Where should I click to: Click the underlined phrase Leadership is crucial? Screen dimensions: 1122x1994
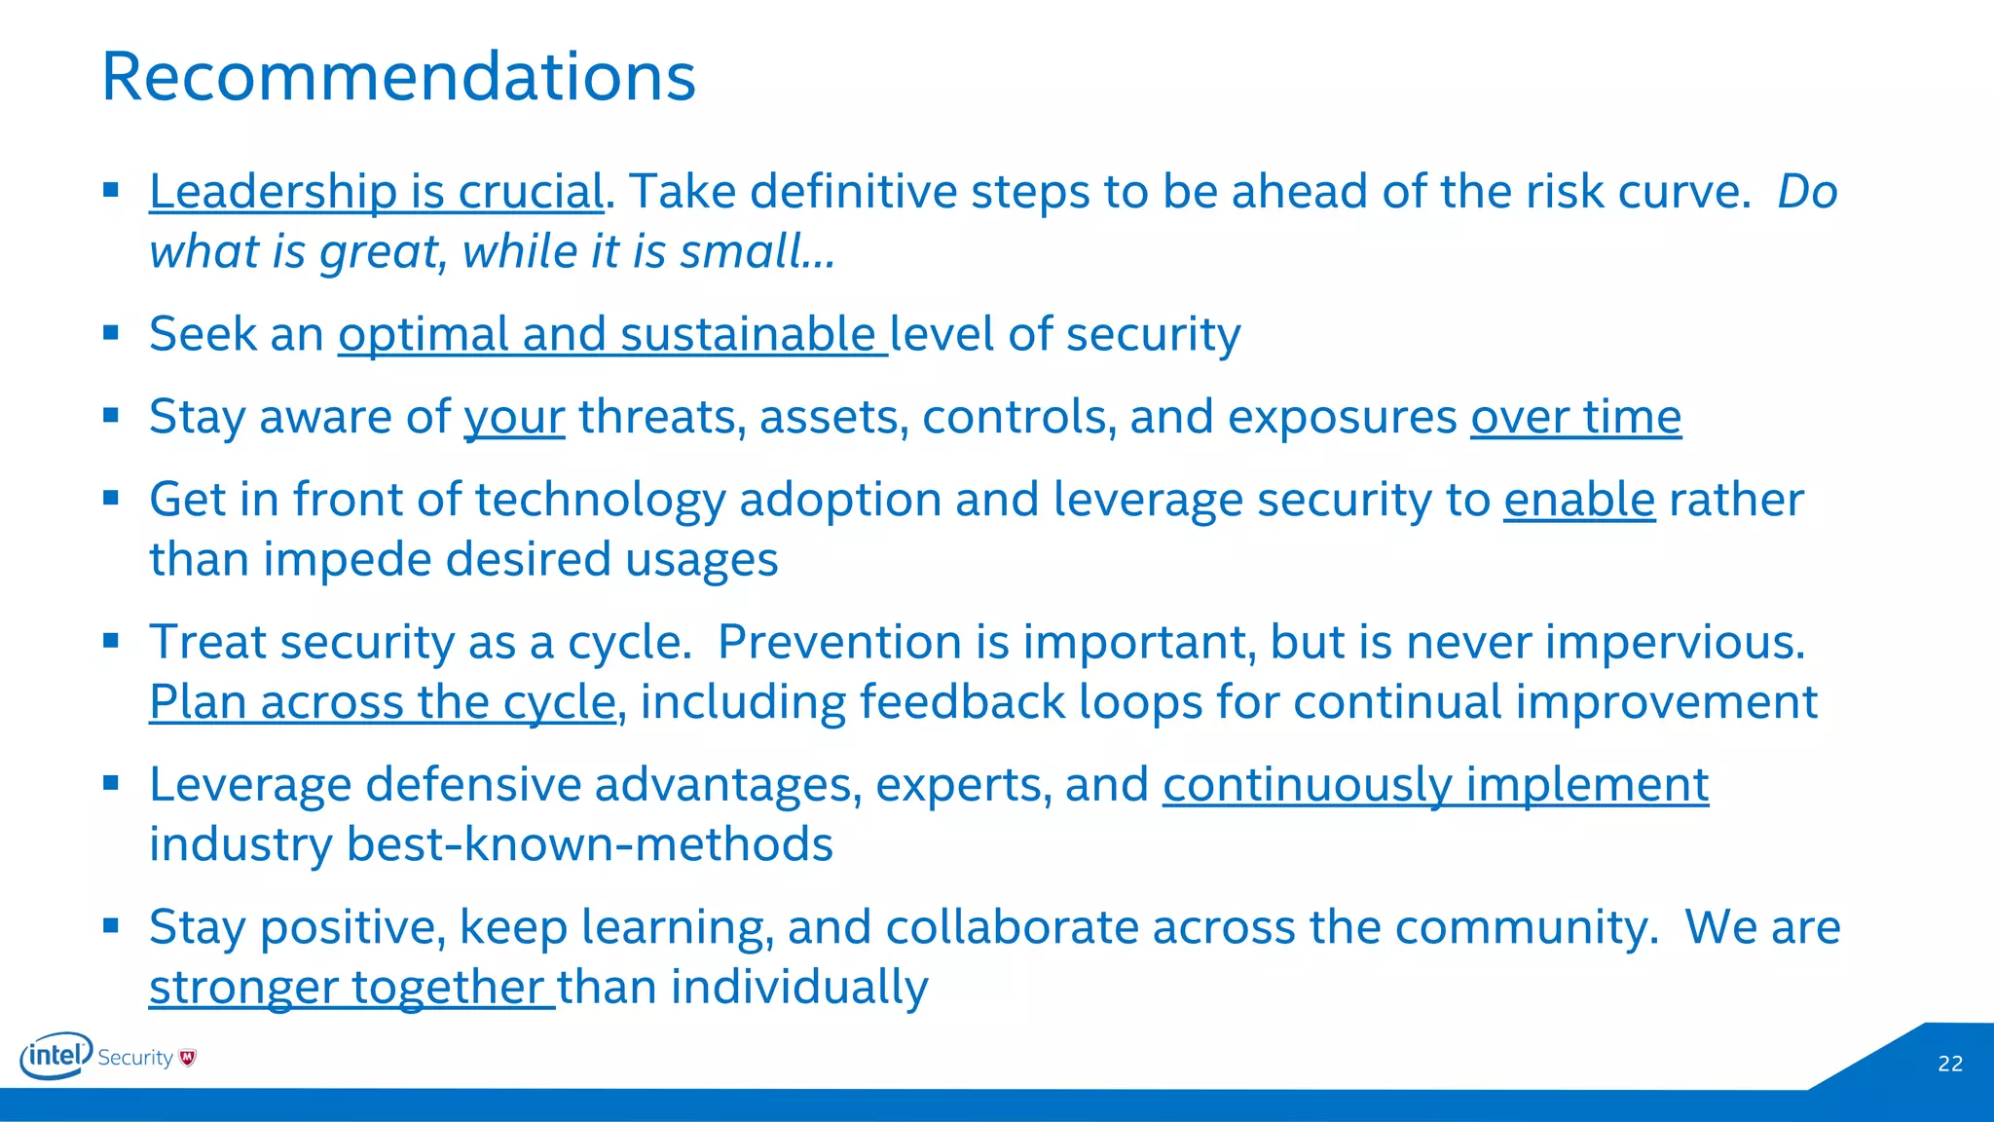tap(376, 191)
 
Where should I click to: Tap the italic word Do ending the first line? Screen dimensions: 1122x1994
tap(1807, 191)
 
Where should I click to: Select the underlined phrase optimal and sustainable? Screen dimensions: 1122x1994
tap(611, 334)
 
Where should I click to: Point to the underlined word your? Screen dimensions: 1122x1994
tap(514, 418)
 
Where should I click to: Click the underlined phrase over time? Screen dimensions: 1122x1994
tap(1575, 417)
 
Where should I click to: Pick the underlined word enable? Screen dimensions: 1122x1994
tap(1578, 500)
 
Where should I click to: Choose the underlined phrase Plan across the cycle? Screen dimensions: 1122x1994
tap(383, 702)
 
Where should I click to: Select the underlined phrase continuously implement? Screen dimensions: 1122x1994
tap(1435, 785)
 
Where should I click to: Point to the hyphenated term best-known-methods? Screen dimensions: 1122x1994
tap(589, 844)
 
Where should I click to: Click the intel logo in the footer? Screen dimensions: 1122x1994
tap(55, 1056)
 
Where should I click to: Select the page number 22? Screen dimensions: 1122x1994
tap(1950, 1064)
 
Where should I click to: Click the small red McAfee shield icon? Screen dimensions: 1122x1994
tap(188, 1058)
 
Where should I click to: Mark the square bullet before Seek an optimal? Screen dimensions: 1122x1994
tap(111, 333)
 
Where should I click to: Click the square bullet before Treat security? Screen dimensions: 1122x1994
tap(111, 641)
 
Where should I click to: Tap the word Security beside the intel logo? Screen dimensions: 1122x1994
tap(135, 1058)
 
